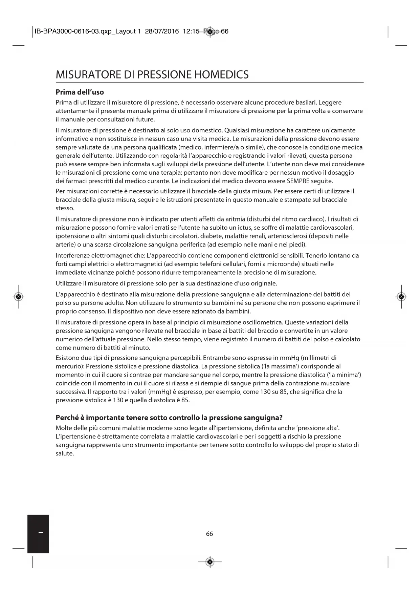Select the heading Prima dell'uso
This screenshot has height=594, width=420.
pos(80,92)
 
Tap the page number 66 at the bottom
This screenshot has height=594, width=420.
pos(209,534)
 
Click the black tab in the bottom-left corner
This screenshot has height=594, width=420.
pos(38,534)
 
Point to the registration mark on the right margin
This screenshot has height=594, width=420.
pos(401,297)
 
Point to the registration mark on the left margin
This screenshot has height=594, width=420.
pos(19,297)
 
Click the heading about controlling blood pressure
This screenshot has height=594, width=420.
pos(169,418)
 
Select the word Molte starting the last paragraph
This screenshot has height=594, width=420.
pos(64,428)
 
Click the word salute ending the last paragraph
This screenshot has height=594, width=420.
pos(65,453)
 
